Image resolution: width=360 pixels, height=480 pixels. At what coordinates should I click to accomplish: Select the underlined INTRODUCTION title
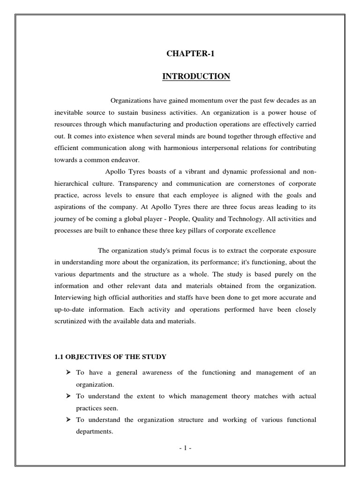coord(196,76)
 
